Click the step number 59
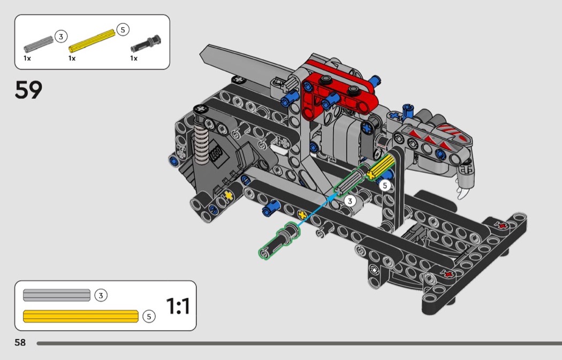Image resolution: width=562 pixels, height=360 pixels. point(29,90)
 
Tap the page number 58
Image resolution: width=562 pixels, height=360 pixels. point(20,342)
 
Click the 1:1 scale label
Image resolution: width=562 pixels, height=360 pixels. point(178,307)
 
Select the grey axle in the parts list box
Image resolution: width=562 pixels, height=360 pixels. point(39,43)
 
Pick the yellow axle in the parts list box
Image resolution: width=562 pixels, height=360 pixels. point(92,40)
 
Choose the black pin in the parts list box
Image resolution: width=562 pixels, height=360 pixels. point(146,43)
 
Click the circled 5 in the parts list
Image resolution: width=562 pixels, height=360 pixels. point(123,30)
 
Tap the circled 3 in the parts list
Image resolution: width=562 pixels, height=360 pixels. point(61,36)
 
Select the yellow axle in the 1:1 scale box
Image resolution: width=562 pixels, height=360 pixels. point(81,316)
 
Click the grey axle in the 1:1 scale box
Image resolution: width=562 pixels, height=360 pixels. point(57,295)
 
